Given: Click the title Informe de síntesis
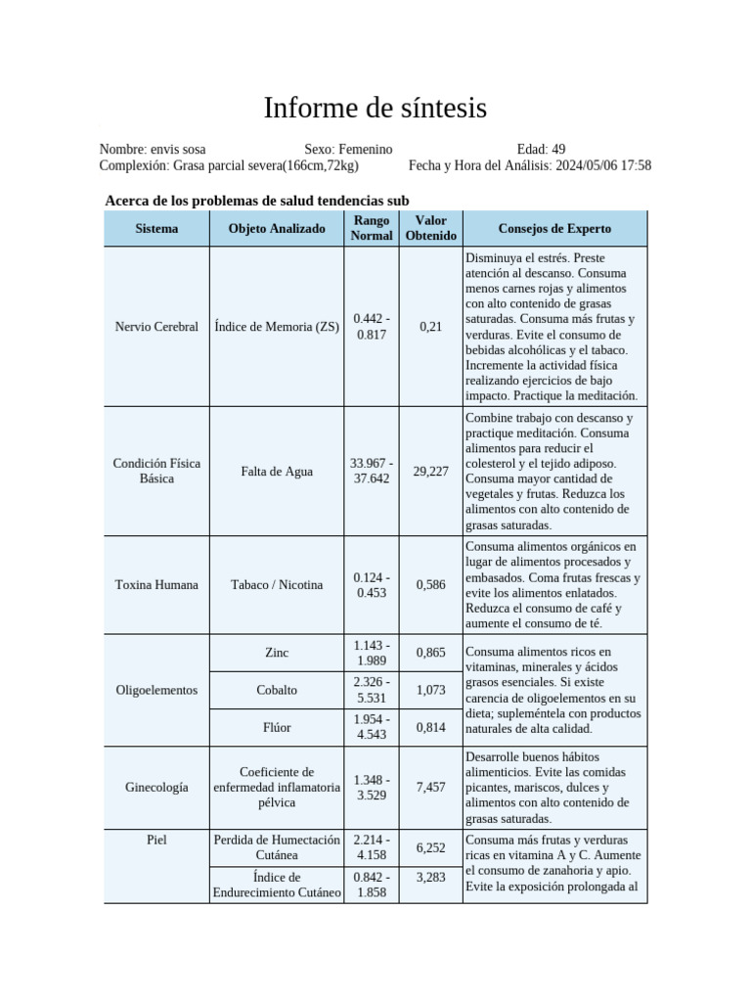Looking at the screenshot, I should tap(375, 108).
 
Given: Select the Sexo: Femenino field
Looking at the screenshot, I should tap(348, 150).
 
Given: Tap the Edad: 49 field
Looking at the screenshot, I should tap(541, 150).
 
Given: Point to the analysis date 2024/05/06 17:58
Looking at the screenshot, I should tap(603, 166).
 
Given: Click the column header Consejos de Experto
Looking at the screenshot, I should tap(554, 229).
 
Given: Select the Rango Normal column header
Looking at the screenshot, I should tap(372, 229).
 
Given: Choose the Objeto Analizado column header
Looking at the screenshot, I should tap(277, 229).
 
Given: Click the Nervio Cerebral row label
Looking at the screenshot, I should tap(156, 327).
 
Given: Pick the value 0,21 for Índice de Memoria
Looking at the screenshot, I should tap(430, 327).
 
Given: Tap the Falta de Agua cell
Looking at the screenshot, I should tap(277, 472).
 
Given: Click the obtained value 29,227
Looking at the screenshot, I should tap(430, 472).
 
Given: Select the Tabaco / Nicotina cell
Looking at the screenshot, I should tap(277, 585).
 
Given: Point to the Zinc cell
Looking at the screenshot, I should tap(277, 653).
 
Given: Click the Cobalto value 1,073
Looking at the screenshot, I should tap(430, 690).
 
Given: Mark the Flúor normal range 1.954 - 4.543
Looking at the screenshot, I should tap(372, 727).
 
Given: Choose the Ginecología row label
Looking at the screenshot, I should tap(156, 788).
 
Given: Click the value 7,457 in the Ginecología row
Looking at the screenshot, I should tap(430, 788).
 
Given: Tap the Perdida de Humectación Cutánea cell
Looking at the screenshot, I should tap(277, 847).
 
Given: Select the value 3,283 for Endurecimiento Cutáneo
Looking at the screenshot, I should tap(430, 878).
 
